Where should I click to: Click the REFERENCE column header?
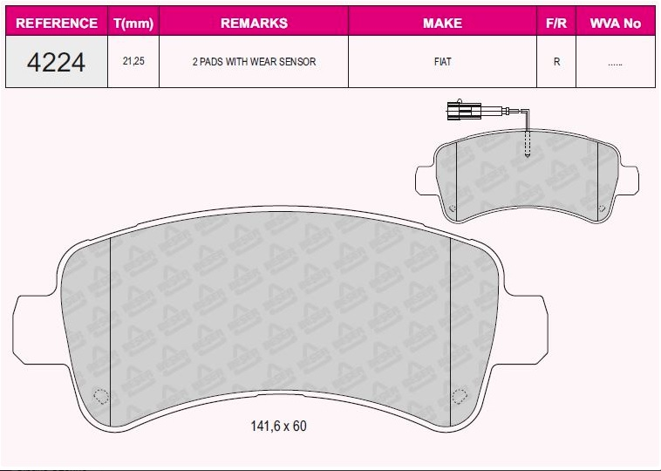pos(57,24)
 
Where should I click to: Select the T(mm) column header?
pos(133,24)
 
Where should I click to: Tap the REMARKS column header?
pos(254,24)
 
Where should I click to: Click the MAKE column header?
pos(442,24)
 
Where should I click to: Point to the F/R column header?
pos(555,24)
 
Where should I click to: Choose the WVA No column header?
pos(615,24)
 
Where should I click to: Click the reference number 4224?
pos(57,62)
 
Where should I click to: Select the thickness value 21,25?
pos(133,63)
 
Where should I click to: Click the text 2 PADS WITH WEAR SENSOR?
pos(254,63)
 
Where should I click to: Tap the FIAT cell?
pos(442,63)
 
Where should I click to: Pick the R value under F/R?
pos(555,63)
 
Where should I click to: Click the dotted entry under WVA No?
pos(615,63)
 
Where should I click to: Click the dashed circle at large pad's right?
pos(459,397)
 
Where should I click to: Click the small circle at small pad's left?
pos(451,208)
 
